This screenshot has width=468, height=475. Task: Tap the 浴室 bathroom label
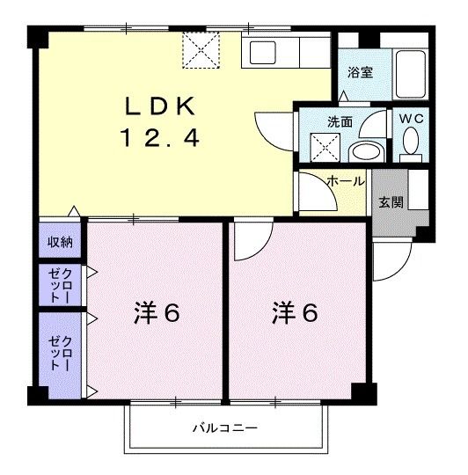click(x=359, y=72)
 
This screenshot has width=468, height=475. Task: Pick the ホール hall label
click(x=346, y=180)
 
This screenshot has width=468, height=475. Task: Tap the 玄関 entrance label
click(x=391, y=201)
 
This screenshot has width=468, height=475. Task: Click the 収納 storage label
click(x=61, y=241)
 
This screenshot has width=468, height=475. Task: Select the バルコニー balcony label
click(x=226, y=428)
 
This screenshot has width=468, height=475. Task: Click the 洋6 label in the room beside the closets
click(x=157, y=313)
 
